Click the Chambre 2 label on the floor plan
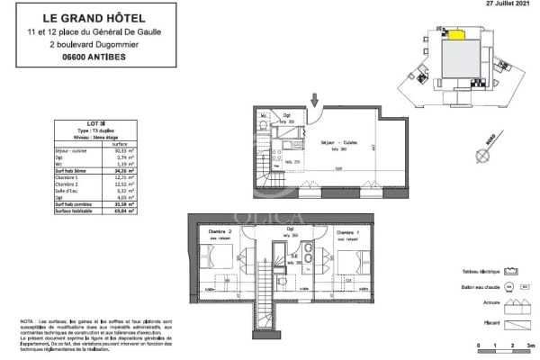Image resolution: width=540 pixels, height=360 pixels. click(x=221, y=231)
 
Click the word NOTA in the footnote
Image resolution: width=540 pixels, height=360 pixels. click(x=29, y=320)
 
